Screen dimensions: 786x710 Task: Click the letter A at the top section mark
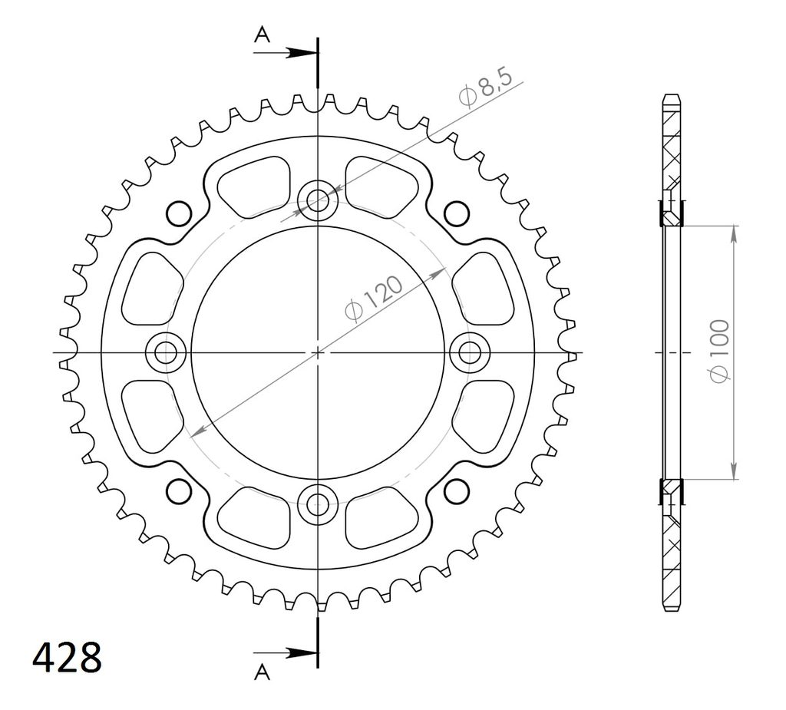click(x=263, y=35)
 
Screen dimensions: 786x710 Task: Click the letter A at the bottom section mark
click(x=263, y=672)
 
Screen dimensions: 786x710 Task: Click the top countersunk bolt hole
click(x=318, y=200)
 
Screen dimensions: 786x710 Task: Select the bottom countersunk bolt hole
click(x=318, y=505)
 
